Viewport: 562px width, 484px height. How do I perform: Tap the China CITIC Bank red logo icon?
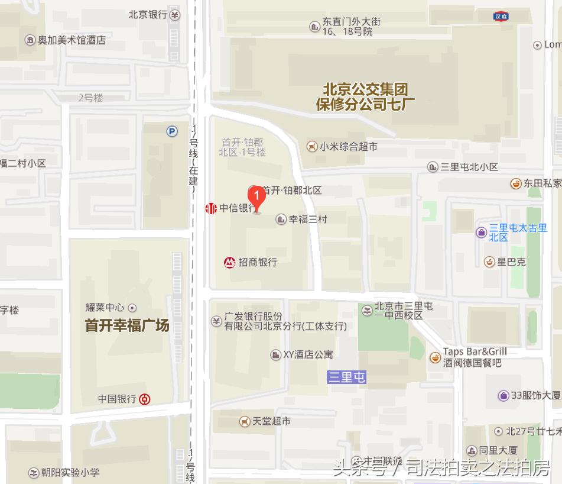[x=211, y=208]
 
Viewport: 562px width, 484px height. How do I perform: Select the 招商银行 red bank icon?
[x=229, y=262]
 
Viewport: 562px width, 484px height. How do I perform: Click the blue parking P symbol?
[x=172, y=132]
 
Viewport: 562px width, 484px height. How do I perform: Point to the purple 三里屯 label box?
[x=347, y=377]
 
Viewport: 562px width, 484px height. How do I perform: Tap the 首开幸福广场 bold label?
[x=127, y=325]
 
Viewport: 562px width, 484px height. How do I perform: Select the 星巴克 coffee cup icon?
[x=489, y=262]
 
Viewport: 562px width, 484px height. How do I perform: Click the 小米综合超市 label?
[x=348, y=146]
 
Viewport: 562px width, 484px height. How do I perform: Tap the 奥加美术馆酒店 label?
[x=72, y=40]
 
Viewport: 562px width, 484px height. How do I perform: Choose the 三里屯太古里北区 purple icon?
[x=481, y=232]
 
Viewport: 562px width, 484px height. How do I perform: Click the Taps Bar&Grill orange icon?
[x=434, y=356]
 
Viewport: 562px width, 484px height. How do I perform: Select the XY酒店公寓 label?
[x=308, y=354]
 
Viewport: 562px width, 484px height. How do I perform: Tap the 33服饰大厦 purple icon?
[x=503, y=395]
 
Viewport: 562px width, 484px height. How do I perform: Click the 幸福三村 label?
[x=307, y=219]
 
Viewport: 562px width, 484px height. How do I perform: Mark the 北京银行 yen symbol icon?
[x=174, y=15]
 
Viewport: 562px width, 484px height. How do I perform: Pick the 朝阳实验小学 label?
[x=70, y=472]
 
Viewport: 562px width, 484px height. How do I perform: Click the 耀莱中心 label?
[x=105, y=307]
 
